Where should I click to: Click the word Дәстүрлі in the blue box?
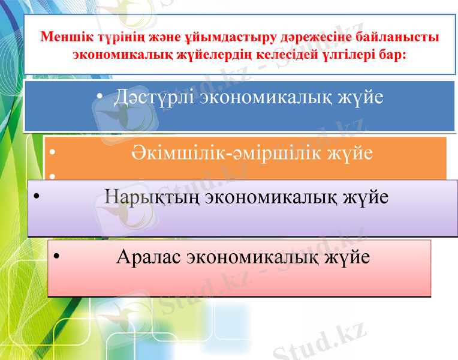153,97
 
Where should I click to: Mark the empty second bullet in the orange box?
53,176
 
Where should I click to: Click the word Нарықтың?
152,197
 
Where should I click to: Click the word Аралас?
149,257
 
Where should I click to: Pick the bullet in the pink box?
56,257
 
